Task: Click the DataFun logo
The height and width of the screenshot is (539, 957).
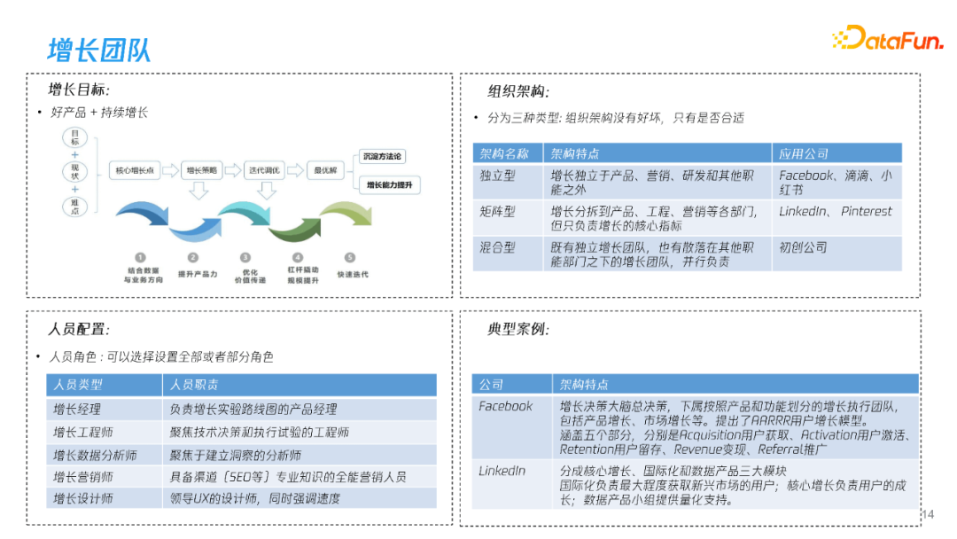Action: [887, 38]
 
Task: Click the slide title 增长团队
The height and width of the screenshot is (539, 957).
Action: [98, 50]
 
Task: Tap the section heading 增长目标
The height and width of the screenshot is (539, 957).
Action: [79, 90]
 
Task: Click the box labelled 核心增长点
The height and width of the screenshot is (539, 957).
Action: [135, 170]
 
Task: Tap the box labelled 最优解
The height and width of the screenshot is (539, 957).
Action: [320, 170]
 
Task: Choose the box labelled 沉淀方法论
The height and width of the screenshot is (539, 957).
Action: [383, 157]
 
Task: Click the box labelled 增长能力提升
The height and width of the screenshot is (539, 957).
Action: [388, 185]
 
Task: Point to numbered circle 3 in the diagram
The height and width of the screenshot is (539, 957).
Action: [245, 257]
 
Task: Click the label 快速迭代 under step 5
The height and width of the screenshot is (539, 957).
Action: [352, 274]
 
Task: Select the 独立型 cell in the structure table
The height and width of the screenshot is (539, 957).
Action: [497, 176]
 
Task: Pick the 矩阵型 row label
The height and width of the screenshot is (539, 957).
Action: [497, 212]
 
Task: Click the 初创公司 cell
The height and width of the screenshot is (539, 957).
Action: [803, 247]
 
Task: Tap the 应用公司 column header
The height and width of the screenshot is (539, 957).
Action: [804, 153]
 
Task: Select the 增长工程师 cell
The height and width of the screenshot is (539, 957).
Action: [83, 433]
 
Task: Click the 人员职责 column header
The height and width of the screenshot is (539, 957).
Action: [194, 385]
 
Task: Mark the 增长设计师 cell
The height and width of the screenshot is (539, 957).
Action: [83, 498]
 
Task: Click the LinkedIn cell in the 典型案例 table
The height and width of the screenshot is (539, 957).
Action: [502, 471]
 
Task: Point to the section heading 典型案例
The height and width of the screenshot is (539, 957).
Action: [518, 330]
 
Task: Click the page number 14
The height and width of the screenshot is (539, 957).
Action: [929, 515]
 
